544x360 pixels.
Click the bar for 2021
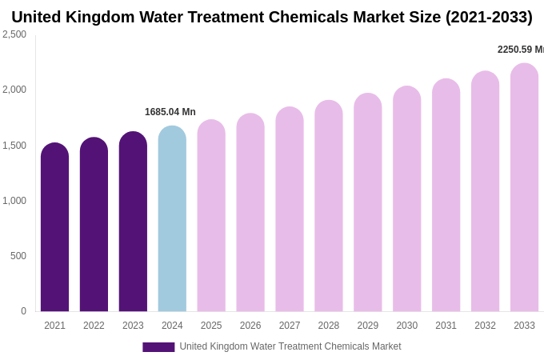[x=54, y=227]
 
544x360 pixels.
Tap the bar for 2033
[x=524, y=187]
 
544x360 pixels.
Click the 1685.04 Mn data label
[x=170, y=112]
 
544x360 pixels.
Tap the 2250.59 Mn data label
[x=520, y=50]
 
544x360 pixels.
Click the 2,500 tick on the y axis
[x=14, y=34]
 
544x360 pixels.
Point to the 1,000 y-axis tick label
[x=14, y=201]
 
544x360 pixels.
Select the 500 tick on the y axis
[x=18, y=256]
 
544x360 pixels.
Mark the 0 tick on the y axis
[x=23, y=311]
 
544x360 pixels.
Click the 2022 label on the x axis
[x=94, y=326]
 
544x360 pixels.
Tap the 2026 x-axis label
[x=250, y=326]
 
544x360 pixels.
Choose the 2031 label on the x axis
[x=446, y=326]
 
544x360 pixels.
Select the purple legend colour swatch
[x=158, y=347]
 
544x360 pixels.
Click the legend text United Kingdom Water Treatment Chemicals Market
[x=290, y=346]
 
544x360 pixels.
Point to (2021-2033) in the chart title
[x=489, y=17]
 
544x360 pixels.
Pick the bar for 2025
[x=211, y=215]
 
